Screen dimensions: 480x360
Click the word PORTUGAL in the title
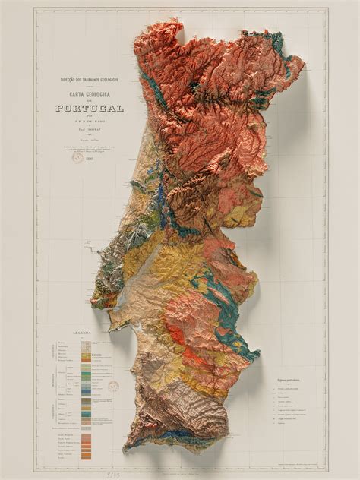89,108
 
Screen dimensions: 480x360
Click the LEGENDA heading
82,333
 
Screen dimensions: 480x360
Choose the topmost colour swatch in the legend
97,341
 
